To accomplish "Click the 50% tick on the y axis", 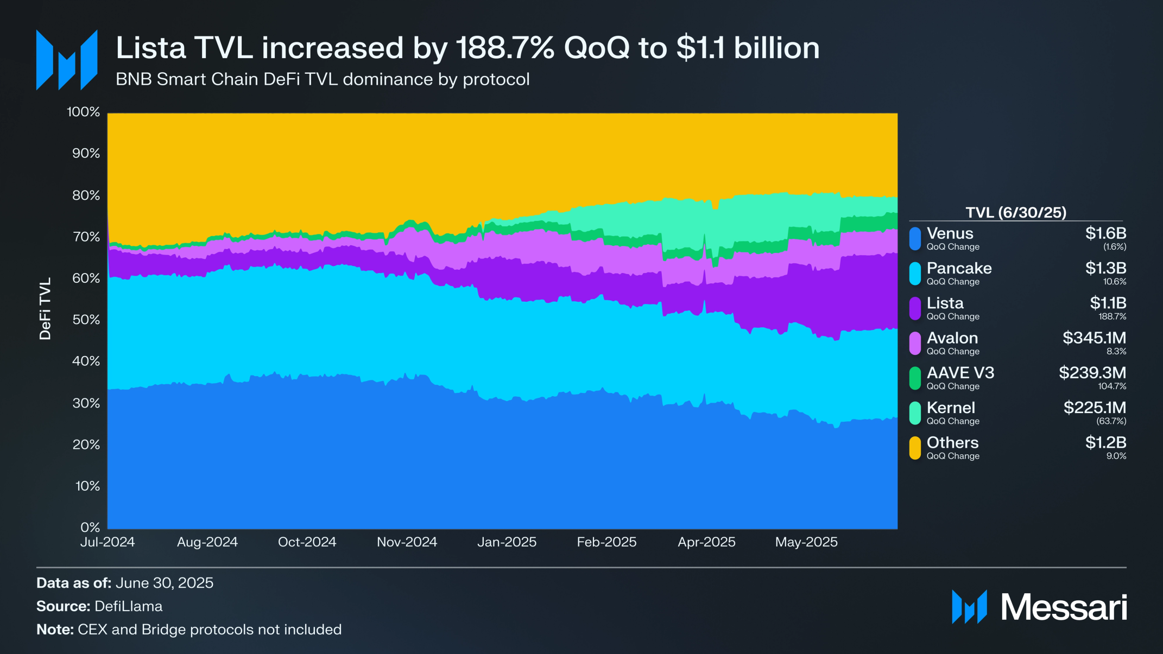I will tap(86, 320).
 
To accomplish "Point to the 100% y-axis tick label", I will tap(83, 112).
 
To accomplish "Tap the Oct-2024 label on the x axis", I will tap(307, 542).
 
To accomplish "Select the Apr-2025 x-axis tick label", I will tap(706, 542).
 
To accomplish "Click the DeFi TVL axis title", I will tap(45, 308).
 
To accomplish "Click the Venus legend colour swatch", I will tap(915, 239).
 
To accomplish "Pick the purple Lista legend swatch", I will tap(915, 308).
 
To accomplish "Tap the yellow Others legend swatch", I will tap(915, 448).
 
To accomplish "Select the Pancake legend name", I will tap(959, 268).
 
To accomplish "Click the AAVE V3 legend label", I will tap(960, 373).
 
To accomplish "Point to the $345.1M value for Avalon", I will tap(1094, 338).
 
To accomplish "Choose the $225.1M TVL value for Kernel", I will tap(1095, 408).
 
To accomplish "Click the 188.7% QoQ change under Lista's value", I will tap(1112, 316).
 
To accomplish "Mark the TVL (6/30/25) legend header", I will tap(1015, 212).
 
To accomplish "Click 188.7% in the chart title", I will tap(505, 48).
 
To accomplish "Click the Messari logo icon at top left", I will tap(67, 60).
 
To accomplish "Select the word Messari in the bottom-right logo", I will tap(1064, 607).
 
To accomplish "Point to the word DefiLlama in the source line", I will tap(128, 606).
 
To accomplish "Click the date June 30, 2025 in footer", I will tap(165, 583).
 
